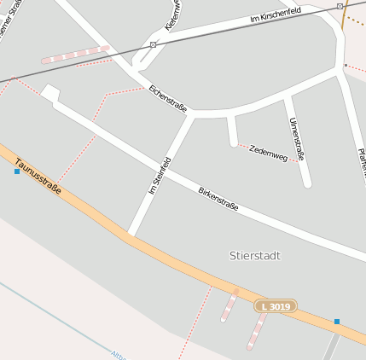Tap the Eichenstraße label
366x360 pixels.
point(167,98)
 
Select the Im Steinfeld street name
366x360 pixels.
point(154,177)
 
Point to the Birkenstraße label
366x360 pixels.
point(218,199)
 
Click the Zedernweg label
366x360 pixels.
point(268,154)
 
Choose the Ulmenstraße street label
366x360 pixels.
point(297,139)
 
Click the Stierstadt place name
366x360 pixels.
point(254,255)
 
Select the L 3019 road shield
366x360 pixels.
point(275,305)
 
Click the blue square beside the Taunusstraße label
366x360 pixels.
point(17,171)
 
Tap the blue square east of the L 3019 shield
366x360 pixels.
point(337,322)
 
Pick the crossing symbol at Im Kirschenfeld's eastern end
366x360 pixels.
point(340,7)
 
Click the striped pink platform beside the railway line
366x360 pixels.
point(76,55)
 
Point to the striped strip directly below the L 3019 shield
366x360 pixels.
point(257,330)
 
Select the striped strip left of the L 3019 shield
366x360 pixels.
point(229,305)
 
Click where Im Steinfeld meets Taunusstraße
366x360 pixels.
point(130,232)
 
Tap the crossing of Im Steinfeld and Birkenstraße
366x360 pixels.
point(166,163)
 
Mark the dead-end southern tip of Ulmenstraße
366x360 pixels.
point(307,183)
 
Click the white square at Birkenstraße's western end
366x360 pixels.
point(49,94)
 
